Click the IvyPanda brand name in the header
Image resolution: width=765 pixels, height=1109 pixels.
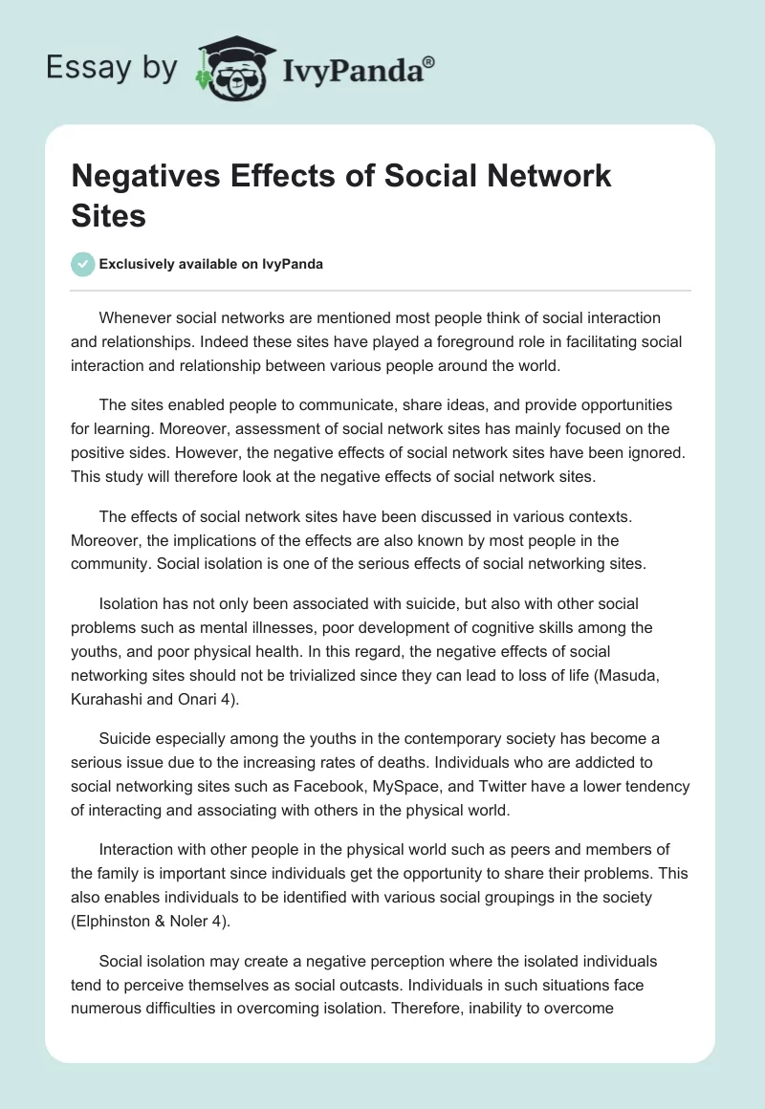tap(353, 69)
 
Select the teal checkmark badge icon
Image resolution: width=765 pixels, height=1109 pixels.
tap(83, 264)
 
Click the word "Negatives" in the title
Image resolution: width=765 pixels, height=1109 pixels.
tap(146, 177)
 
